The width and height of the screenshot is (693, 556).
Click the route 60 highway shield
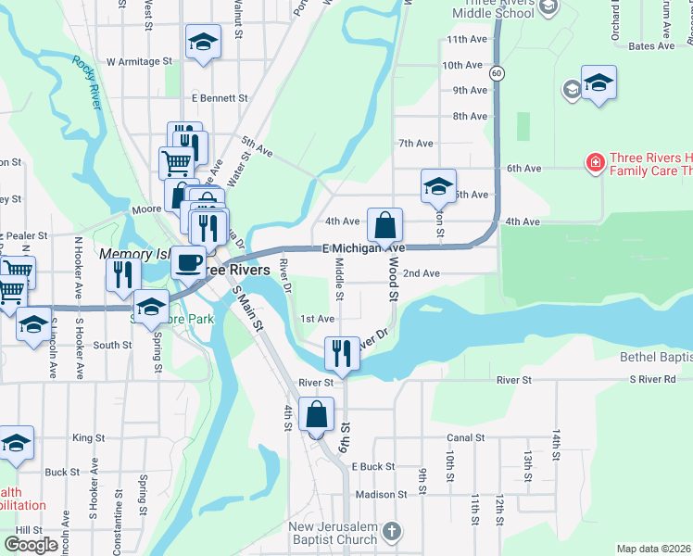point(498,72)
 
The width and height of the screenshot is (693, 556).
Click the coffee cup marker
point(188,261)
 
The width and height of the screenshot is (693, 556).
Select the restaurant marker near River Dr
point(342,353)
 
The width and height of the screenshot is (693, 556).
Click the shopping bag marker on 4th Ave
point(384,224)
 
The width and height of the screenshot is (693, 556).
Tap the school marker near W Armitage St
point(203,43)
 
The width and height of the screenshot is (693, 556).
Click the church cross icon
point(392,531)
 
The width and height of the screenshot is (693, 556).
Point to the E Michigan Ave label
point(364,249)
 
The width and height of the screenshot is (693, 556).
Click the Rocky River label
point(87,82)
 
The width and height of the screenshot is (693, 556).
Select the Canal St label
point(466,438)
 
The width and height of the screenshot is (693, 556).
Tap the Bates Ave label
point(651,45)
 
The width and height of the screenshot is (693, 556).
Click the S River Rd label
point(654,380)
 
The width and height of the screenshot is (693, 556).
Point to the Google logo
point(31,545)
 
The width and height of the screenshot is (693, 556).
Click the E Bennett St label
point(220,97)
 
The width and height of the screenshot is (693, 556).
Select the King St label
point(88,437)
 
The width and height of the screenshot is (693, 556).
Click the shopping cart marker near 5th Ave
point(175,163)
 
